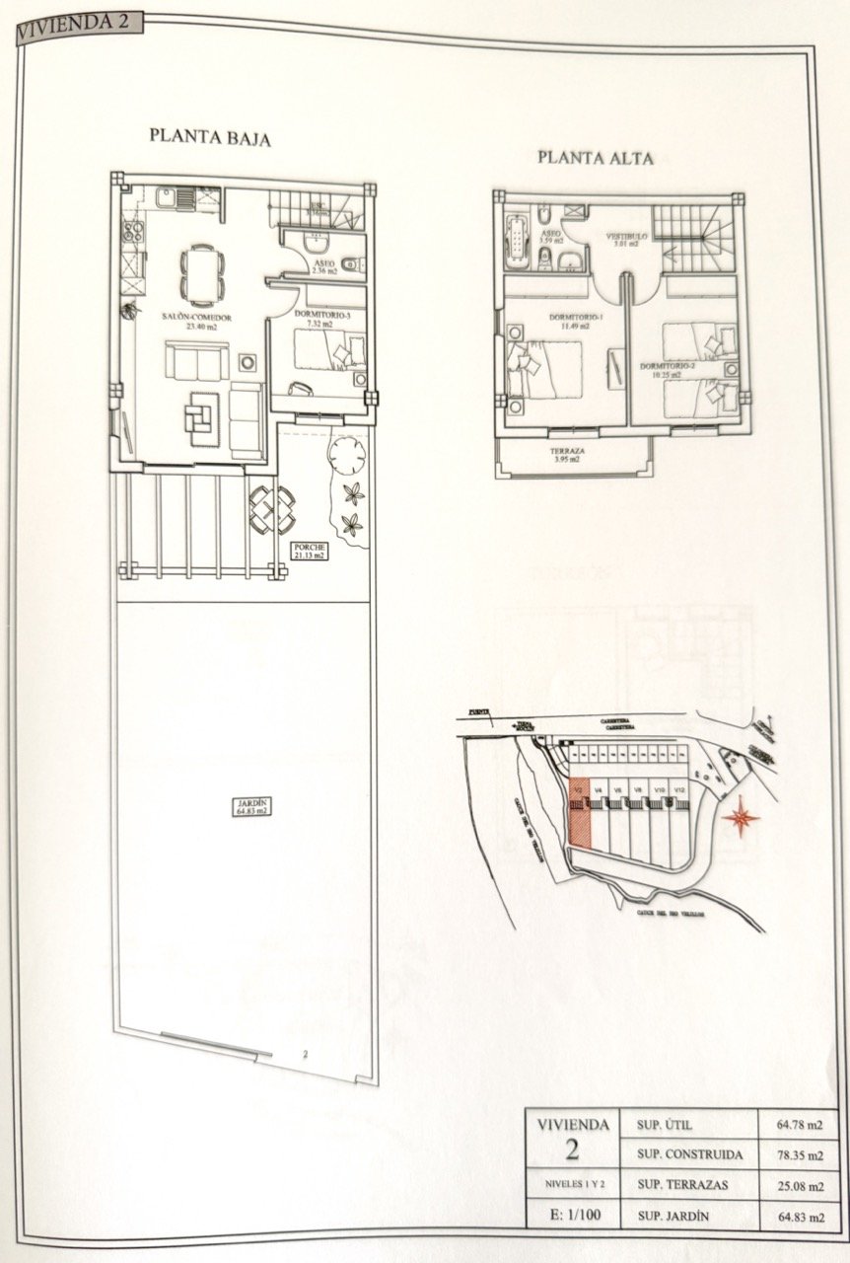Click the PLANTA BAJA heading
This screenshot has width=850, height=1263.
[x=209, y=137]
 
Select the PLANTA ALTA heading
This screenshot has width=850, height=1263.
[x=595, y=157]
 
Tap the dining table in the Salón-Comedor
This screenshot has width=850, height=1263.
[x=200, y=272]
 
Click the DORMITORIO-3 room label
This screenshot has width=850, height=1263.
[x=322, y=315]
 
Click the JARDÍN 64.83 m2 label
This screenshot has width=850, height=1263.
[x=247, y=808]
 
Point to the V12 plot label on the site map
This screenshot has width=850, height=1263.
[x=680, y=789]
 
